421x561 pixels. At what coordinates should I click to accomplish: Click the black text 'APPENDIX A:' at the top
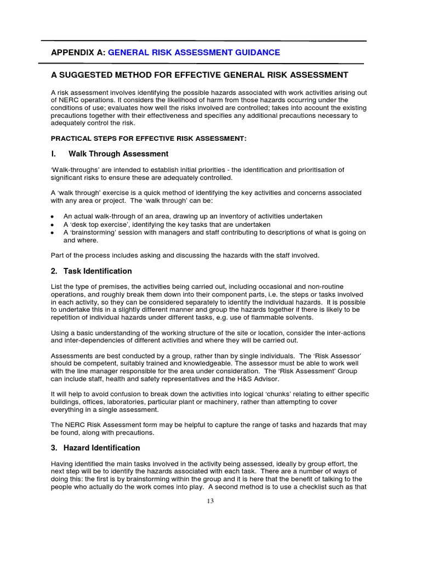(78, 53)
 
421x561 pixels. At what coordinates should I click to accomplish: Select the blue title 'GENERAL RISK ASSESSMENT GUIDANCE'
(194, 53)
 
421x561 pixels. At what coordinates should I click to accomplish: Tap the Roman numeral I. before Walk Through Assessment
(54, 154)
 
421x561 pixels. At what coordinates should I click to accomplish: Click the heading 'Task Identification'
(98, 271)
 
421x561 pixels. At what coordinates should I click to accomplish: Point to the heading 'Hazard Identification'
(101, 448)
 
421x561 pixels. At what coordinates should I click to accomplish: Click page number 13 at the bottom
(210, 501)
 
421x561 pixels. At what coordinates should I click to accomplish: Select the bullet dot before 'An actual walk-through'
(52, 217)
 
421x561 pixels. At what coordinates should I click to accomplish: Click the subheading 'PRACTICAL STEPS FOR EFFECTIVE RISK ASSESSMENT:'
(149, 139)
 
